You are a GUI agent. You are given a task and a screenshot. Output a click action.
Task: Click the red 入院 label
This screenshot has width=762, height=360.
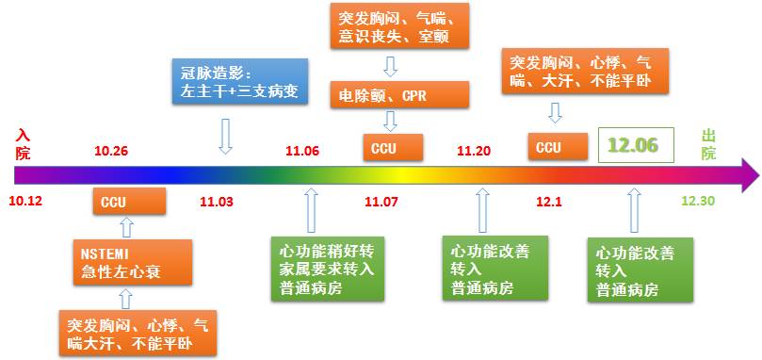pyautogui.click(x=23, y=144)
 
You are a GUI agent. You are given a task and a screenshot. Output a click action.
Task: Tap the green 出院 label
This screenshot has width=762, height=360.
pyautogui.click(x=708, y=144)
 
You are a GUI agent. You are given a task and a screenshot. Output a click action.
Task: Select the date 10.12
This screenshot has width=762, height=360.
pyautogui.click(x=25, y=201)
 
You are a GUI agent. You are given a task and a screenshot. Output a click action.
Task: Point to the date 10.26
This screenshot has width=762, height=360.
pyautogui.click(x=111, y=151)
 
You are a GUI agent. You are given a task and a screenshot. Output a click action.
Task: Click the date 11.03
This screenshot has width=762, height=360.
pyautogui.click(x=217, y=202)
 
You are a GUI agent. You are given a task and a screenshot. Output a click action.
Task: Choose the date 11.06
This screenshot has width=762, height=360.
pyautogui.click(x=302, y=151)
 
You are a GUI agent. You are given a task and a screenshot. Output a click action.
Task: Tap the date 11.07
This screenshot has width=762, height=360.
pyautogui.click(x=381, y=202)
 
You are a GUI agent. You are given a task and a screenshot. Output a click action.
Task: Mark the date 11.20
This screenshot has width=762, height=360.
pyautogui.click(x=474, y=151)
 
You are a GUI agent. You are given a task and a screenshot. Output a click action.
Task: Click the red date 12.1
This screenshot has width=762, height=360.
pyautogui.click(x=549, y=202)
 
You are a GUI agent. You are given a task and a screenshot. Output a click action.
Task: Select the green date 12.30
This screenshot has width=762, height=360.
pyautogui.click(x=698, y=201)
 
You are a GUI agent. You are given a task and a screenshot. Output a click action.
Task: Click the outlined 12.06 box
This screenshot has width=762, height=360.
pyautogui.click(x=636, y=145)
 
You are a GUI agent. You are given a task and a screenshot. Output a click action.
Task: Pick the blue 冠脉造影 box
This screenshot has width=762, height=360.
pyautogui.click(x=240, y=81)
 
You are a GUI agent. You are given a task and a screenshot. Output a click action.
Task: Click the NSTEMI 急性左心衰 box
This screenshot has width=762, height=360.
pyautogui.click(x=133, y=262)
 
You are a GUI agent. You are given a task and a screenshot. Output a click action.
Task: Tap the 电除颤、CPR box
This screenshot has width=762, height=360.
pyautogui.click(x=399, y=94)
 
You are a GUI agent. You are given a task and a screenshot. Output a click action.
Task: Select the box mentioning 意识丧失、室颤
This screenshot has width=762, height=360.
pyautogui.click(x=399, y=25)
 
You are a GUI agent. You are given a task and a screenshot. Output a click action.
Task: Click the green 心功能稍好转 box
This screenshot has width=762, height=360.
pyautogui.click(x=328, y=269)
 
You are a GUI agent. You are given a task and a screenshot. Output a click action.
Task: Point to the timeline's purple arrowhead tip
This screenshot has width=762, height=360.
pyautogui.click(x=759, y=174)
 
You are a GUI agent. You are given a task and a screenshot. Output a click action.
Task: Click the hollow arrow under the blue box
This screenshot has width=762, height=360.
pyautogui.click(x=224, y=137)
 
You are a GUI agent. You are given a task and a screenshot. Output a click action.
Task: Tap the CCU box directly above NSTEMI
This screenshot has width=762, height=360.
pyautogui.click(x=129, y=201)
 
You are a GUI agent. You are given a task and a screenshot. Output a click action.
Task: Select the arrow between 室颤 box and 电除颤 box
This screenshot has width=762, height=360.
pyautogui.click(x=390, y=67)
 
